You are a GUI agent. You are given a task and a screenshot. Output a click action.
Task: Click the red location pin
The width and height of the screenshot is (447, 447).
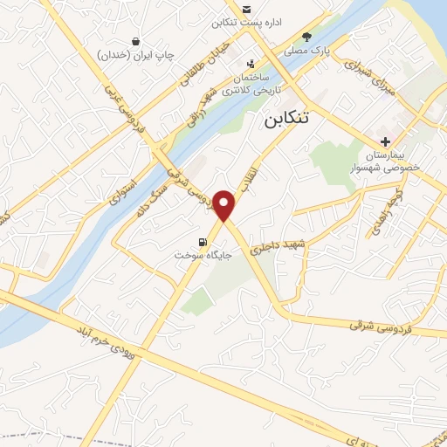click(x=225, y=205)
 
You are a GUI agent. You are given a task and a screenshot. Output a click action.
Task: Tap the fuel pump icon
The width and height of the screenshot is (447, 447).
click(x=203, y=243)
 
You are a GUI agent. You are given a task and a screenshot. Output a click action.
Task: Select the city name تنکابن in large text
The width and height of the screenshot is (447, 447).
click(x=288, y=121)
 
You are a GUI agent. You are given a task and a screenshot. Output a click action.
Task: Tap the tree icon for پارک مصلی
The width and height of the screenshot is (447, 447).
click(x=306, y=37)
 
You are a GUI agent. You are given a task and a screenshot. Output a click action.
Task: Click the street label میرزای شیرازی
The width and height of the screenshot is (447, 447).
click(x=368, y=65)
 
